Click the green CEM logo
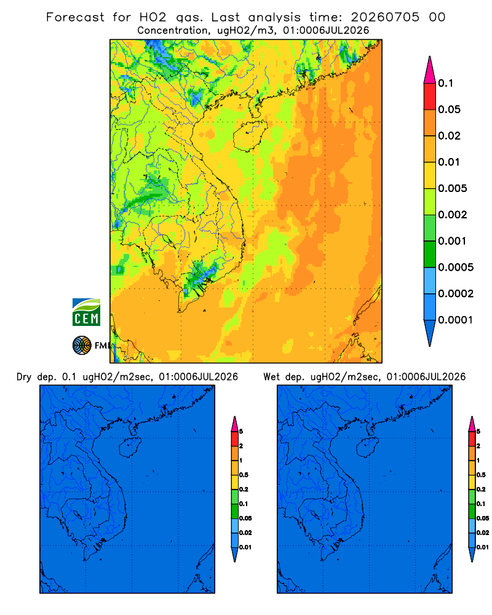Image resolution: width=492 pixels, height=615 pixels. click(86, 312)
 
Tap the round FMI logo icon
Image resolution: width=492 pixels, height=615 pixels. click(82, 345)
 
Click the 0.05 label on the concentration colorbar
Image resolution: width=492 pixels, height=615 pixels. click(449, 109)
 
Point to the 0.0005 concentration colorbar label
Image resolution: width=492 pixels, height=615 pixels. click(456, 267)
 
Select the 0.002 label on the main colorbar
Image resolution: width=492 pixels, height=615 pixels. click(453, 215)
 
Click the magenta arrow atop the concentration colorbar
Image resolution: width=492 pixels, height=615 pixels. click(430, 69)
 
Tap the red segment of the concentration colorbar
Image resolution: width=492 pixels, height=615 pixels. click(430, 97)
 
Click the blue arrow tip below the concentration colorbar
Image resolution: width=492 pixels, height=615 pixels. click(430, 333)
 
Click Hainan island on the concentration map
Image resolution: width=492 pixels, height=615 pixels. click(250, 135)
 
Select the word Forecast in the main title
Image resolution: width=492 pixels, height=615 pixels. click(75, 17)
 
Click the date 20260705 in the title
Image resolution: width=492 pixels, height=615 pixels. click(385, 17)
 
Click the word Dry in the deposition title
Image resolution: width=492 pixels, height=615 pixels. click(24, 377)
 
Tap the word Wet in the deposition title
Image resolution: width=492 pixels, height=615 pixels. click(271, 377)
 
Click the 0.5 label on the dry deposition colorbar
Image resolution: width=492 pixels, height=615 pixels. click(244, 475)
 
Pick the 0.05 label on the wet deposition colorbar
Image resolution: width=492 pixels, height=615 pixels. click(483, 518)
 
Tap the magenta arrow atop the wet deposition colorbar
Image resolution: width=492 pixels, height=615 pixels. click(472, 424)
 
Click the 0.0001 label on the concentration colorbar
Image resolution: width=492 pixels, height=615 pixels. click(456, 320)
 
